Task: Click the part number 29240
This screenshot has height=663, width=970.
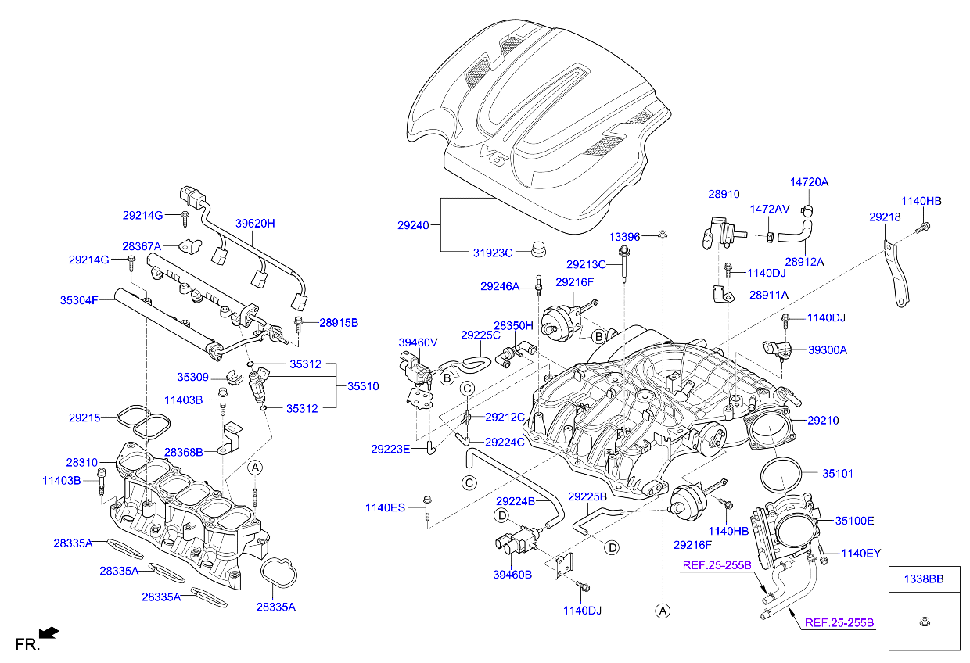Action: (413, 225)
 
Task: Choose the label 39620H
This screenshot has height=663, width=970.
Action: (256, 223)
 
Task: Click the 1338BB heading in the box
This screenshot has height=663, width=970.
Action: (924, 579)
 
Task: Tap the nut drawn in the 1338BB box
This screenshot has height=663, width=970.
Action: (924, 622)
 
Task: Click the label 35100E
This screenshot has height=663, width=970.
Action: (854, 520)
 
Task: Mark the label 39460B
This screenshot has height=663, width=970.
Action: (512, 575)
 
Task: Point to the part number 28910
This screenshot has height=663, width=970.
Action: (724, 194)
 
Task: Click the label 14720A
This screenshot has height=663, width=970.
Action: (809, 181)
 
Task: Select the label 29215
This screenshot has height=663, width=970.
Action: (84, 418)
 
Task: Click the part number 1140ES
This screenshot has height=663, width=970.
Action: (385, 507)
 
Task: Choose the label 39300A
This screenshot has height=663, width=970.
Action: (827, 350)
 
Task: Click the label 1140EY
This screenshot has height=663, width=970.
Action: (860, 553)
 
